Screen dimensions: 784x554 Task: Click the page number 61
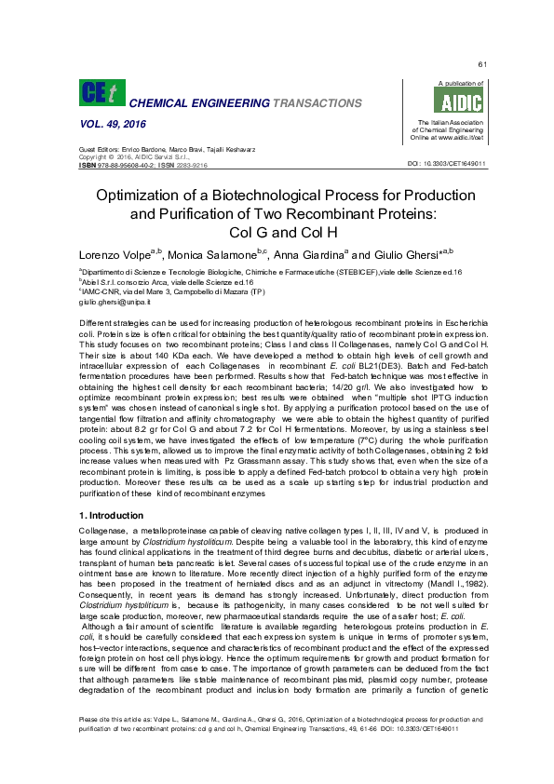tap(482, 64)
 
